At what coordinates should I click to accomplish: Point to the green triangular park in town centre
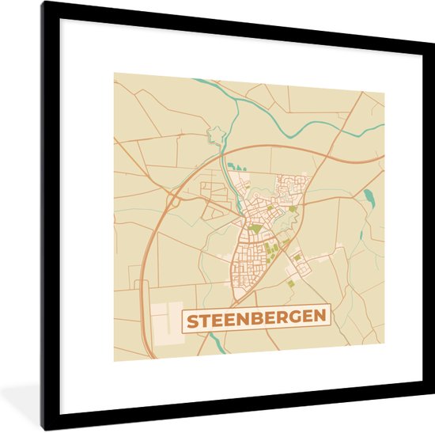[x=255, y=228]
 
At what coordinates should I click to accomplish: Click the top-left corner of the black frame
[x=43, y=3]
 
